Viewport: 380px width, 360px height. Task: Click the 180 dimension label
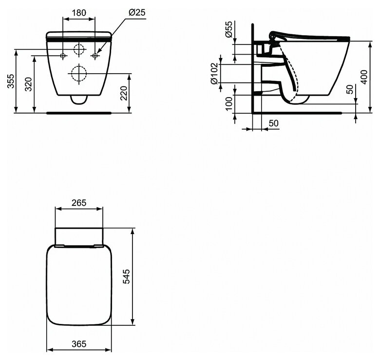click(79, 12)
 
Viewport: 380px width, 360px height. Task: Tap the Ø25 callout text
click(137, 12)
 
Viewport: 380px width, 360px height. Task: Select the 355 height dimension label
click(11, 81)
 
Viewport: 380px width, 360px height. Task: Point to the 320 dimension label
click(29, 84)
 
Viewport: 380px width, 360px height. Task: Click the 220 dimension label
click(124, 93)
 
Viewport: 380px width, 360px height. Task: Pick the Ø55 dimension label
click(228, 29)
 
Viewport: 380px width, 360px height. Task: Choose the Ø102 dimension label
click(215, 74)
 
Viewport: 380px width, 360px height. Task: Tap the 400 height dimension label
click(364, 77)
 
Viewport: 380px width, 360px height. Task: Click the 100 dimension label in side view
click(229, 103)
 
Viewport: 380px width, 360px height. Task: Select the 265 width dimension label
click(79, 202)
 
